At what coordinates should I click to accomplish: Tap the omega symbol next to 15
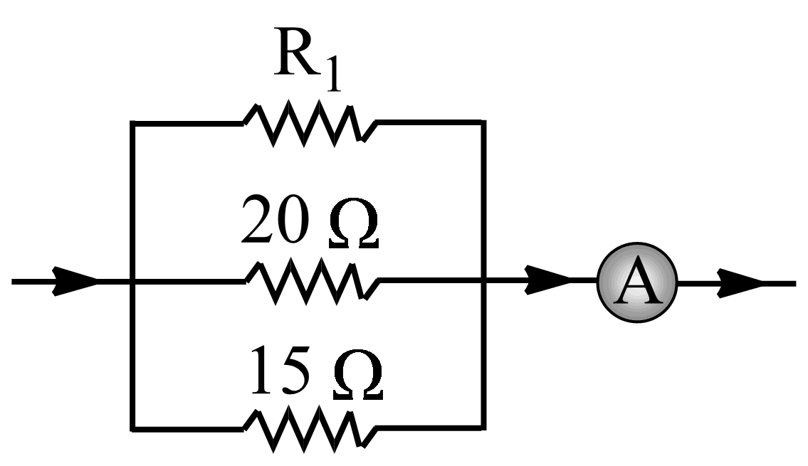coord(358,376)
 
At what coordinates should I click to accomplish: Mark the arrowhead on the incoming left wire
coord(75,282)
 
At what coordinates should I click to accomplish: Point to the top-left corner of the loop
coord(132,123)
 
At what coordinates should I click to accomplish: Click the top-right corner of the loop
coord(484,123)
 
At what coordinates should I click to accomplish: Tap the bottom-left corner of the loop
coord(132,429)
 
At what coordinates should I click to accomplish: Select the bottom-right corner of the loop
coord(484,429)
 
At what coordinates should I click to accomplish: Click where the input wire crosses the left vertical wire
coord(132,282)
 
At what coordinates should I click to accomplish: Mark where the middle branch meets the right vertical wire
coord(484,282)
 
